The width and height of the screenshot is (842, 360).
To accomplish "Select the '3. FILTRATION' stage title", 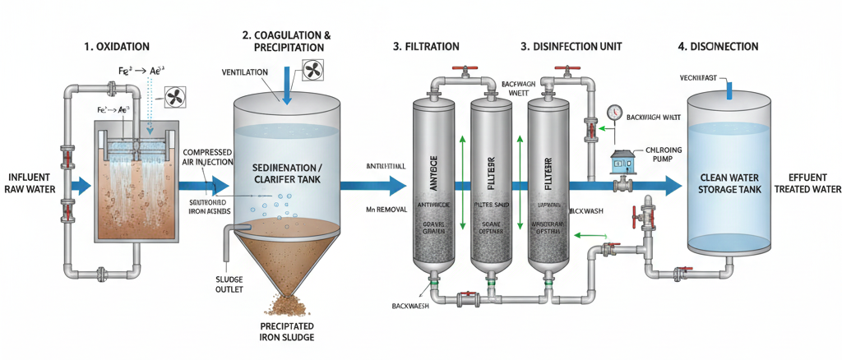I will (426, 48).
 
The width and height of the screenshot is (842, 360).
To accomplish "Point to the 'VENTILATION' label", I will (245, 73).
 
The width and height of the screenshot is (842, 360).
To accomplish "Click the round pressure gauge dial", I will (614, 113).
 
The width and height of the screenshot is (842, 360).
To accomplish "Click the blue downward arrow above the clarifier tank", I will (285, 90).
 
